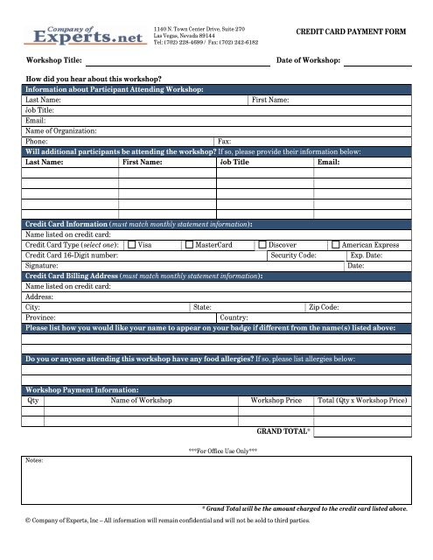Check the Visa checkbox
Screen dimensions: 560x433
click(133, 245)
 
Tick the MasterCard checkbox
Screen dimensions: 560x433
click(190, 245)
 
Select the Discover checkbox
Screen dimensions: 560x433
click(262, 245)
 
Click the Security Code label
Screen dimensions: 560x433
click(293, 255)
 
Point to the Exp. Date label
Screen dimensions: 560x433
click(368, 255)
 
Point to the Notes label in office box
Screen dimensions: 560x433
click(35, 458)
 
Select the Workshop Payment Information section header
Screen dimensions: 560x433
click(81, 389)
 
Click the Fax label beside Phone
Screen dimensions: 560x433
click(224, 140)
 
